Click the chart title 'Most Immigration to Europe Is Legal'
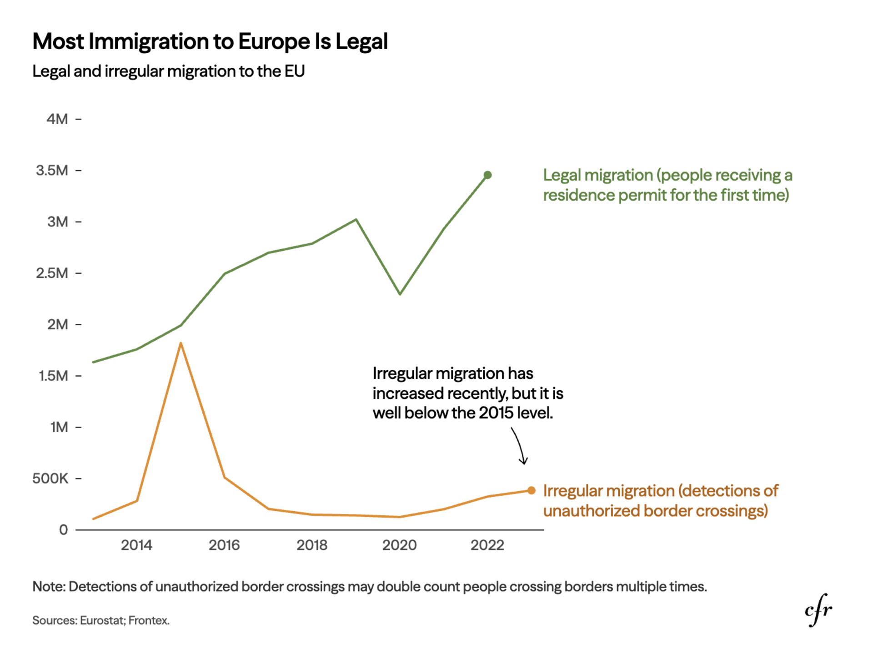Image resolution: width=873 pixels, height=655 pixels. (210, 41)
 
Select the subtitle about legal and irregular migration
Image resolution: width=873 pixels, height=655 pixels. (168, 71)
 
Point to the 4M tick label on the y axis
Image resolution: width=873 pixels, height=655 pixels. (57, 119)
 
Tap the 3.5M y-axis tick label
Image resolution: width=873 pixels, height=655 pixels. (52, 171)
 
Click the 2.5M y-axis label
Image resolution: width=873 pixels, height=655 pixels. (52, 273)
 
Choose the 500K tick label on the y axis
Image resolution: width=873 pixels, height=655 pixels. (50, 479)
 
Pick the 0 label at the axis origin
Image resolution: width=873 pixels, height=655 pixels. (63, 530)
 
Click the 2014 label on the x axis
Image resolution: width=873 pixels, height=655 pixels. (136, 545)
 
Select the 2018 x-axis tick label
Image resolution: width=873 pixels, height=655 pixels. (312, 545)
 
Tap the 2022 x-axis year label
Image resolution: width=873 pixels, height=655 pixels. (487, 545)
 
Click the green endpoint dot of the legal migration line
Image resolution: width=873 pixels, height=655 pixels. (487, 175)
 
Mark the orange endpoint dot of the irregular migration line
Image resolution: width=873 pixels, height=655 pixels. (532, 490)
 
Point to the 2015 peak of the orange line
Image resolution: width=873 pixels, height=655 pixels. (181, 343)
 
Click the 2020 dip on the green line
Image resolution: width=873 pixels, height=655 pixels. (400, 294)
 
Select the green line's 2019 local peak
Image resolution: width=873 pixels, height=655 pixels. (356, 220)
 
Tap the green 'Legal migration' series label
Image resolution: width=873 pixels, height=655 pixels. (667, 185)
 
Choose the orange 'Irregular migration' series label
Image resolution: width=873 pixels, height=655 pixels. (660, 501)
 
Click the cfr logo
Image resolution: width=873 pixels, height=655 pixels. (818, 610)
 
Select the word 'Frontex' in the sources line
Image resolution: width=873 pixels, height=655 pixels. (149, 620)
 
